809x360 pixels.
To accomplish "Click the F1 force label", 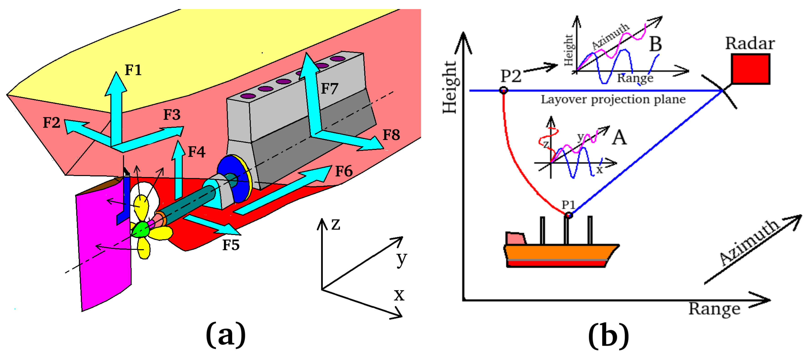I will tap(133, 70).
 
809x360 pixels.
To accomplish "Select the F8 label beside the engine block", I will tap(391, 135).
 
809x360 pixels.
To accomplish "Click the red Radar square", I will tap(750, 69).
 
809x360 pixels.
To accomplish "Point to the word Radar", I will tap(750, 43).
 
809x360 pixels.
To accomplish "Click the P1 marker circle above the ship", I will tap(569, 215).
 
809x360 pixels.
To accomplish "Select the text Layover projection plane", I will tap(613, 99).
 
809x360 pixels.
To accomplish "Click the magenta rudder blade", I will tap(104, 251).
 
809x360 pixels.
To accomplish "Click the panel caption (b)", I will tap(608, 335).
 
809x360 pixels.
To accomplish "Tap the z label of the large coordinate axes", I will tap(336, 224).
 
